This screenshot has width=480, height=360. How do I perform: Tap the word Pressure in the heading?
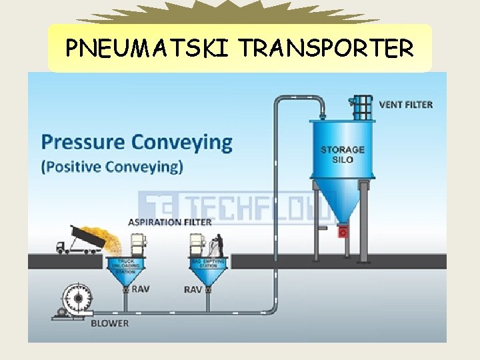pos(83,142)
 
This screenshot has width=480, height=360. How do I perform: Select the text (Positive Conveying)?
pos(112,166)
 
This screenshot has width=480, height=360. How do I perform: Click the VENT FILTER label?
pos(405,104)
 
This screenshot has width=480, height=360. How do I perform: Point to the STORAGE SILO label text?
pos(343,155)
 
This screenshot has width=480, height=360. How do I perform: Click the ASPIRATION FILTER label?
pos(171,222)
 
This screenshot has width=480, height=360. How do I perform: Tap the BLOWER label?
pos(109,323)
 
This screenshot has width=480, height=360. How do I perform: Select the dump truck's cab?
pos(61,246)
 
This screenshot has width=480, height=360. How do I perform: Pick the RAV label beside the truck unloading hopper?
pos(140,289)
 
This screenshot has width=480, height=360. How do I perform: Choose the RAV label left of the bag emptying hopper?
pos(193,289)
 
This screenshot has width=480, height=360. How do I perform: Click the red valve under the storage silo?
pos(343,231)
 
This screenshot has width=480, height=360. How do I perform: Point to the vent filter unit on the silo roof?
pos(362,106)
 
